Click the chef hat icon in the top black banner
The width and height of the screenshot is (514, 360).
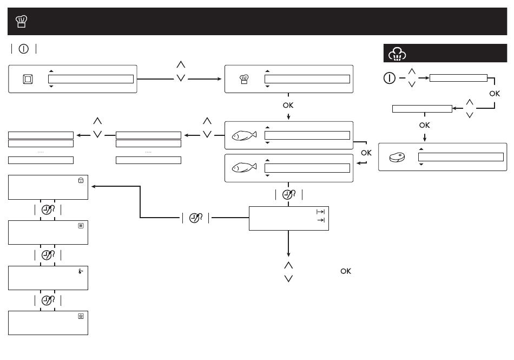(21, 22)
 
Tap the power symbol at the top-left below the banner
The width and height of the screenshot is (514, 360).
(24, 49)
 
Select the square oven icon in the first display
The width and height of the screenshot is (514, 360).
(28, 79)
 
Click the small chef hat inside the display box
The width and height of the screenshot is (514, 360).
(244, 79)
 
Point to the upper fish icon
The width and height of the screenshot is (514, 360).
(244, 135)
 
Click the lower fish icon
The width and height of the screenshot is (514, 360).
(244, 167)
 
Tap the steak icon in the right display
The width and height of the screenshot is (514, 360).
(397, 157)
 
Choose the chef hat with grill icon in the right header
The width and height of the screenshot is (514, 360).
(397, 54)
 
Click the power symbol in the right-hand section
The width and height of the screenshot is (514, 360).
(390, 78)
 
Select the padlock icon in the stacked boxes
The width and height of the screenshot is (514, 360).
(81, 180)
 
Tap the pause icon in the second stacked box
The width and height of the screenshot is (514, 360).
(81, 226)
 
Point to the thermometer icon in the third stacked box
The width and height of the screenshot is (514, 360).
(81, 271)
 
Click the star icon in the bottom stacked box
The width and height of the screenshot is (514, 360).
(81, 316)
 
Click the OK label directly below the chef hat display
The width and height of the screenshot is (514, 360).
(288, 105)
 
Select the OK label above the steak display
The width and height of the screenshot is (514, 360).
(425, 125)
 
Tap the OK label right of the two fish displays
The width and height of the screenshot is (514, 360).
(366, 153)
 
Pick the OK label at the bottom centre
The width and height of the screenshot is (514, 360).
(346, 271)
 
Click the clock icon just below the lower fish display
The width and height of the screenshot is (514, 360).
(289, 195)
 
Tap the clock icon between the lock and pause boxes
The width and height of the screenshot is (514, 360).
(48, 210)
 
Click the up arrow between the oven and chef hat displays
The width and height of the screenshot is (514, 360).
(181, 64)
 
